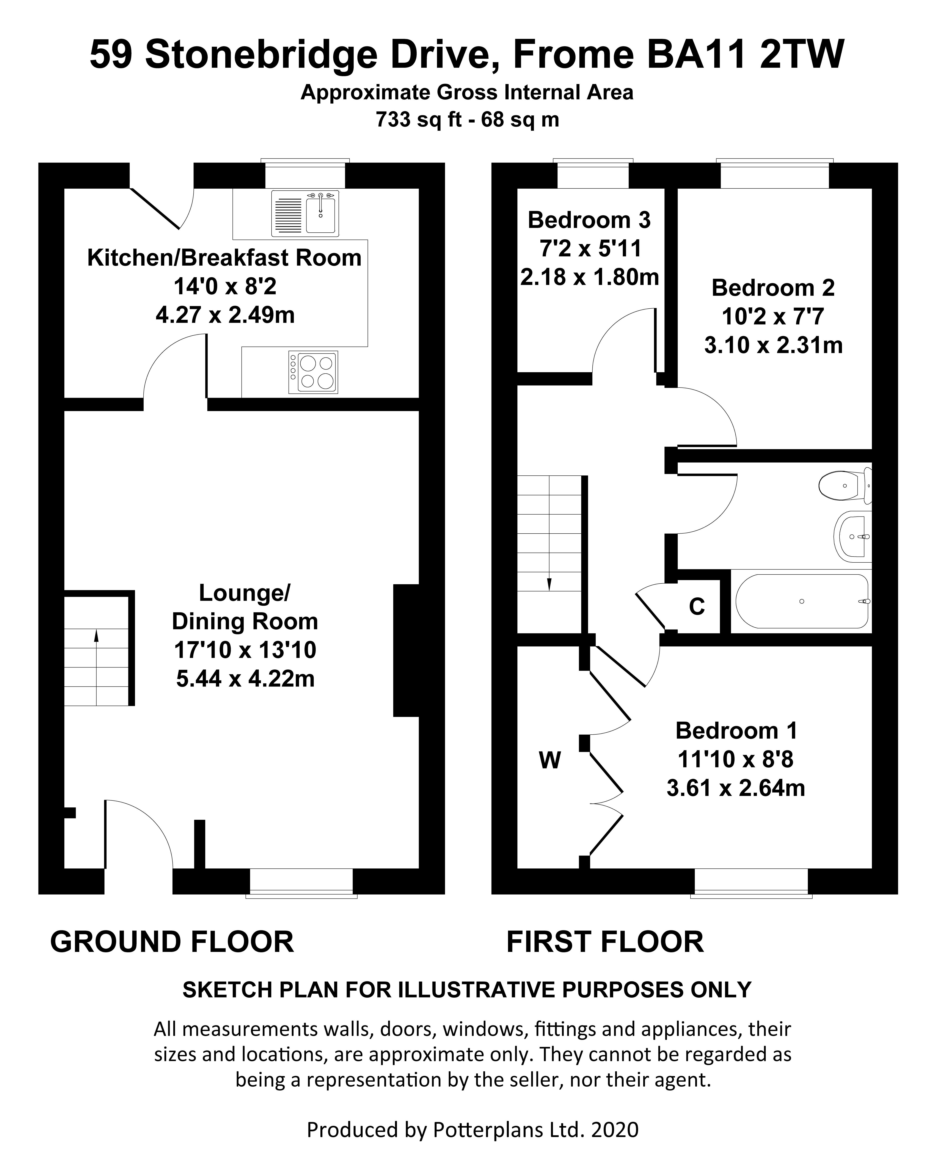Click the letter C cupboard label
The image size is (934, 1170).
tap(697, 606)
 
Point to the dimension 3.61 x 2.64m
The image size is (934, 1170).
tap(735, 788)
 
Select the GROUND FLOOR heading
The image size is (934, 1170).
tap(172, 942)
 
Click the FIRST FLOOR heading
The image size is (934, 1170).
tap(605, 942)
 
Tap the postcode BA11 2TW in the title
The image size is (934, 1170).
tap(746, 55)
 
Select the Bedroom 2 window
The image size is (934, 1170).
tap(774, 174)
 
